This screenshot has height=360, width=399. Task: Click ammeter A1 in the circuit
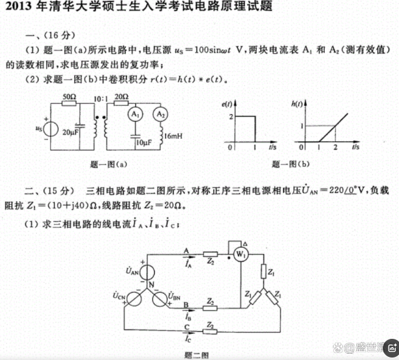[x=135, y=115]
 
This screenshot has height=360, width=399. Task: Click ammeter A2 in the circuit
[x=160, y=115]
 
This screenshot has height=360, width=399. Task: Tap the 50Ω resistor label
[x=69, y=97]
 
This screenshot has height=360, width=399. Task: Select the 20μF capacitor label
[x=70, y=132]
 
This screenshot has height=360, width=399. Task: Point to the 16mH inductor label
[x=173, y=136]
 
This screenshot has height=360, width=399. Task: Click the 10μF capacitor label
[x=144, y=143]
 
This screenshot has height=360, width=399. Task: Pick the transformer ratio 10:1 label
[x=101, y=98]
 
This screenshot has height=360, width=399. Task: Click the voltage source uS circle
[x=50, y=130]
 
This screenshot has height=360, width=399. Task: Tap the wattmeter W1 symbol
[x=241, y=254]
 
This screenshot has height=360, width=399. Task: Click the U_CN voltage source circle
[x=134, y=299]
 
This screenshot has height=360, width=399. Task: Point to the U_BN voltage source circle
[x=160, y=299]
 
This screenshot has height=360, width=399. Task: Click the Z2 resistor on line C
[x=210, y=331]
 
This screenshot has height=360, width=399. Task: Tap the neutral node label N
[x=151, y=285]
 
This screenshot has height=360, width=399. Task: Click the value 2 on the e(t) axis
[x=231, y=117]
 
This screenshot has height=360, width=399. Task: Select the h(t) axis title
[x=297, y=104]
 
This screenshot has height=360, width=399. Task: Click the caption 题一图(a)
[x=108, y=164]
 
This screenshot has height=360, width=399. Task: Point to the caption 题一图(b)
[x=291, y=164]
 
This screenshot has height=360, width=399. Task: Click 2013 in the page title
[x=19, y=6]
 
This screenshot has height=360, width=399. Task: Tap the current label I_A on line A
[x=188, y=264]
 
